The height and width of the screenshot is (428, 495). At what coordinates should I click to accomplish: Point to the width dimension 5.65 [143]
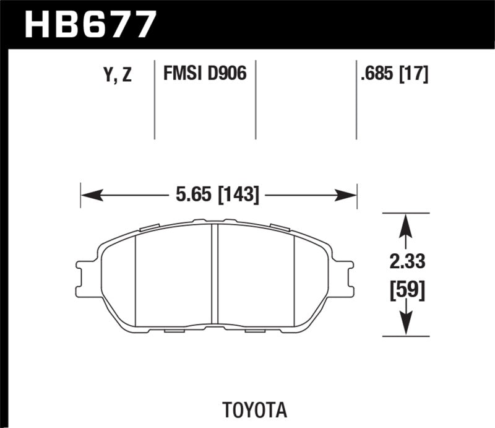point(217,195)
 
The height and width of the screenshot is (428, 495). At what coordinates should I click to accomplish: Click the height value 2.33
point(407,263)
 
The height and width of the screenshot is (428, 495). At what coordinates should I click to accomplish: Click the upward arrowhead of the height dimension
point(405,222)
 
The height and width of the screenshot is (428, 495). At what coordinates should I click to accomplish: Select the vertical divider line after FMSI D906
point(256,99)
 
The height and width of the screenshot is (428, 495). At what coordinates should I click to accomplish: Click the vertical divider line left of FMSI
point(154,99)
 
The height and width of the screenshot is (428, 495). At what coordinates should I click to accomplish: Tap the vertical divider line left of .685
point(356,99)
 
